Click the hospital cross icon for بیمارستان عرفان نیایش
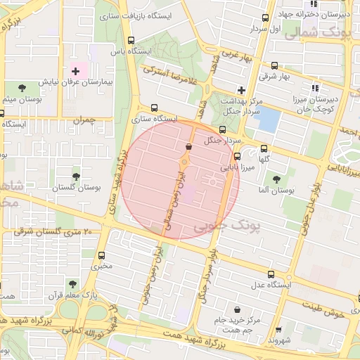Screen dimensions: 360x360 coord(75,72)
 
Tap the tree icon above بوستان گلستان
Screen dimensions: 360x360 coord(76,176)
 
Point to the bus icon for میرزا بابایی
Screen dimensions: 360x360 coord(237,157)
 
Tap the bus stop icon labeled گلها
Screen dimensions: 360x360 coord(264,148)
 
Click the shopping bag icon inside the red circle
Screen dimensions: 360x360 coord(188,146)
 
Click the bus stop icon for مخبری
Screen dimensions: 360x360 coord(103,255)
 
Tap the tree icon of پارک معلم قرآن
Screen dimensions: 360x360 coord(72,284)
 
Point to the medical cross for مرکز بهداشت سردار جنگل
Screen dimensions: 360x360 coord(241,90)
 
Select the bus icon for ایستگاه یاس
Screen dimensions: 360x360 coord(131,40)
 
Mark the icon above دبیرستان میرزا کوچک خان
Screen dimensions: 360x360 coord(314,88)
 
